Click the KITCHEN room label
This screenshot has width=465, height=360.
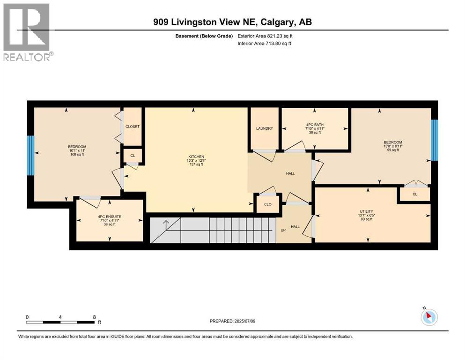pos(196,157)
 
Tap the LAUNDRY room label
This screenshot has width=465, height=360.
pos(265,128)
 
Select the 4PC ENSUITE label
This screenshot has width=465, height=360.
pos(110,217)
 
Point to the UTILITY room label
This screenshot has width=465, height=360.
pos(367,211)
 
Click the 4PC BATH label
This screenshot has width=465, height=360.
pos(315,125)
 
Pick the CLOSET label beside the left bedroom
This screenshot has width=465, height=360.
pos(132,127)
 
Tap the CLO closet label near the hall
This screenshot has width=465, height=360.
pos(268,204)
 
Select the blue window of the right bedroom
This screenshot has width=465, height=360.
pos(434,140)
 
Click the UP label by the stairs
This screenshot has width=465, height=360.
pos(283,230)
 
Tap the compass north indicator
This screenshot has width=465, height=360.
pos(429,317)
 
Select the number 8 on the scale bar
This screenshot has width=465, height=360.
pos(95,317)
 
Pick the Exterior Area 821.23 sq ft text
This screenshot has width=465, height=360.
pos(265,36)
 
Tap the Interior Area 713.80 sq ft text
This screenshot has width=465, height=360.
pos(264,43)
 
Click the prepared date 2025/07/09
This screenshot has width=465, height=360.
pos(244,321)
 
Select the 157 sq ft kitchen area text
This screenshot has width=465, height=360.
pos(196,165)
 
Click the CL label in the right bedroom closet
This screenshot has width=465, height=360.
pos(415,195)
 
